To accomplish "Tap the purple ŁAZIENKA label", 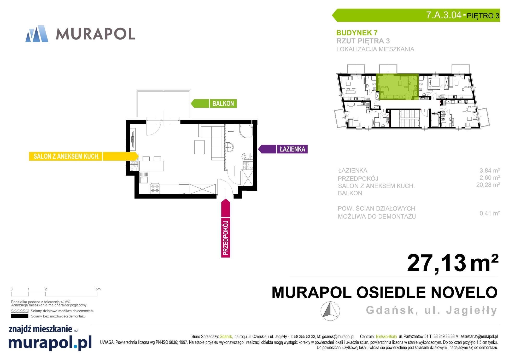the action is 283,149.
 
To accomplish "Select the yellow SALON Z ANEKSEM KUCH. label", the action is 84,156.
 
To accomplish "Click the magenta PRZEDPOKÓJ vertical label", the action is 226,228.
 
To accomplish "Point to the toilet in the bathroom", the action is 247,156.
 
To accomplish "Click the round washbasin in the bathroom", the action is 230,147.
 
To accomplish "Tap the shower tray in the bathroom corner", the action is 246,131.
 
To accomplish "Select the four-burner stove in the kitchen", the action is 155,189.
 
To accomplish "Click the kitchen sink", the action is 144,177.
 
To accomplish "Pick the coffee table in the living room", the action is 200,147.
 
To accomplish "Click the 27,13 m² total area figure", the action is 453,263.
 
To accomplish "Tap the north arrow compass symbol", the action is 330,311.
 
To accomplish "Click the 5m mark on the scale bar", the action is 98,289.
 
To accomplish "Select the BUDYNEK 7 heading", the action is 357,33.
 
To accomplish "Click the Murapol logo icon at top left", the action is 37,33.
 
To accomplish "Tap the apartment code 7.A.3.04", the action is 444,15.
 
